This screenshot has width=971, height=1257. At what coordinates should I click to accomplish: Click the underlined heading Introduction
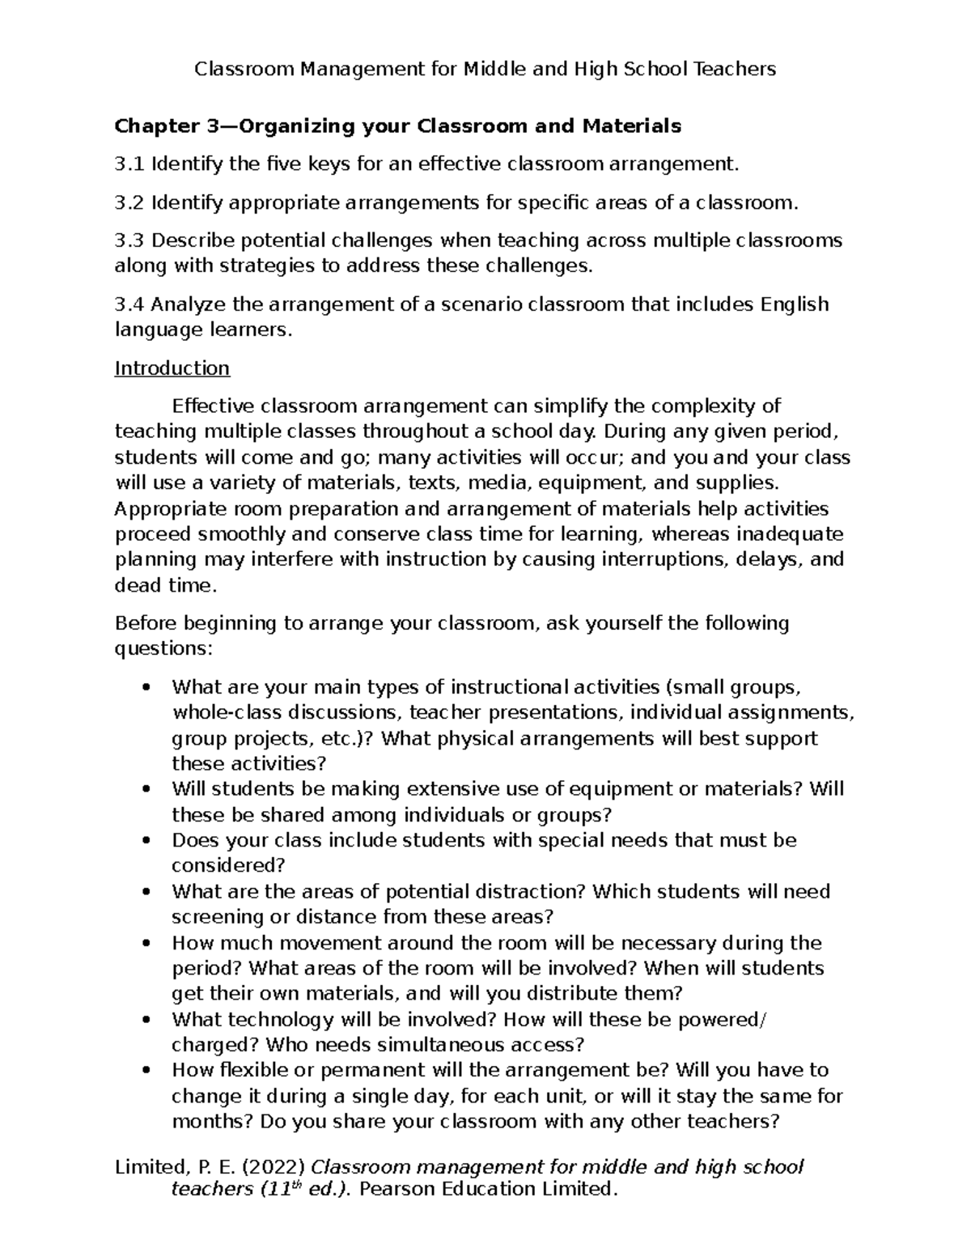click(x=172, y=368)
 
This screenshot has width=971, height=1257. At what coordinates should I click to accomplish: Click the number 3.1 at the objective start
click(x=129, y=165)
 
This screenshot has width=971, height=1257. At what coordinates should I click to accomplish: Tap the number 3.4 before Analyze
click(x=129, y=304)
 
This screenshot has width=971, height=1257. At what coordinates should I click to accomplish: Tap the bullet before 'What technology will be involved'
click(x=146, y=1020)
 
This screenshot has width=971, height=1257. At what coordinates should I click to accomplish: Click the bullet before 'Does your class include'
click(x=146, y=841)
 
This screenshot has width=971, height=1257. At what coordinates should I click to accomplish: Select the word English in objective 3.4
click(x=795, y=304)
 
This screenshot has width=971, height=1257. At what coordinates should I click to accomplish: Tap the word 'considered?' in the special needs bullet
click(x=228, y=866)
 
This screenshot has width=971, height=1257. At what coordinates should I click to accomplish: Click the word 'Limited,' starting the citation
click(x=150, y=1167)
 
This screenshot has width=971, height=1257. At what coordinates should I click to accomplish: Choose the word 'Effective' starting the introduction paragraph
click(x=213, y=406)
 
